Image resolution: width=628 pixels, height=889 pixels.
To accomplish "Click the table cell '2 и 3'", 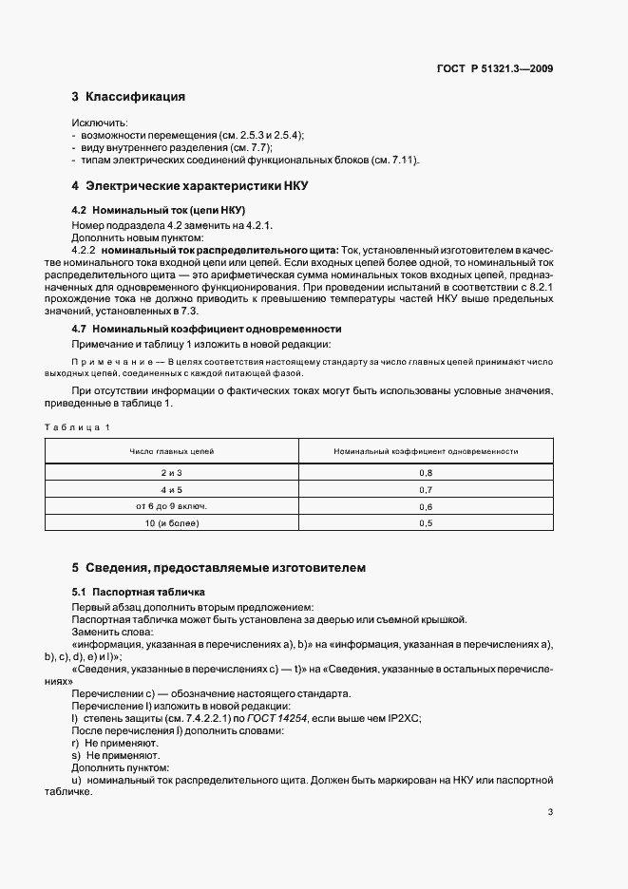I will (172, 472).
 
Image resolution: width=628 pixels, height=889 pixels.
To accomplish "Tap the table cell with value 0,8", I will (425, 472).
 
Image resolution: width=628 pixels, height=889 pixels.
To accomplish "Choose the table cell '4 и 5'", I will (172, 489).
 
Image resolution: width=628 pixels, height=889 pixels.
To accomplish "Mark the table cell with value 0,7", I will (425, 489).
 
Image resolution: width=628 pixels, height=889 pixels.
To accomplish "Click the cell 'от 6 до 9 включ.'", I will (172, 506).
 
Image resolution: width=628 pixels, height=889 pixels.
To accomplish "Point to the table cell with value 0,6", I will (425, 506).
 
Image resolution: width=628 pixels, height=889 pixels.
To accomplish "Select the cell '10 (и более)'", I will (172, 523).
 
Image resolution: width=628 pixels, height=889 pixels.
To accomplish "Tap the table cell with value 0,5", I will (425, 523).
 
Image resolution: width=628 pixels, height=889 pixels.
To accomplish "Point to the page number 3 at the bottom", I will (550, 812).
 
